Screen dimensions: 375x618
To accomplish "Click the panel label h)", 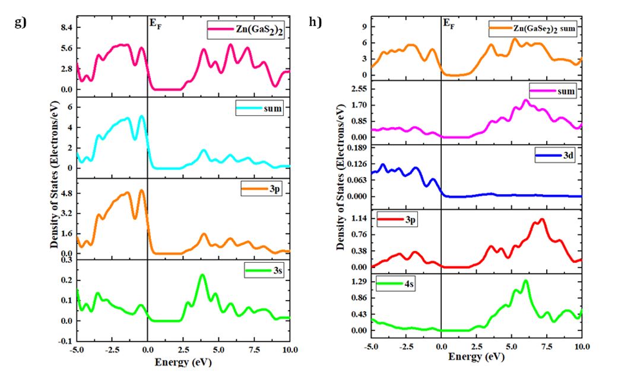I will tap(315, 22).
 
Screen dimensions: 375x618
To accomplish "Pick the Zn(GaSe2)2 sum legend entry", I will tap(532, 27).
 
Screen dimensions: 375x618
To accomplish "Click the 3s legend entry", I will tap(265, 271).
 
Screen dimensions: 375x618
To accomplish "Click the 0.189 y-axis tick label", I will tap(354, 147).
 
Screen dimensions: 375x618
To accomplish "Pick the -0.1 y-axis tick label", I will tap(64, 341).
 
